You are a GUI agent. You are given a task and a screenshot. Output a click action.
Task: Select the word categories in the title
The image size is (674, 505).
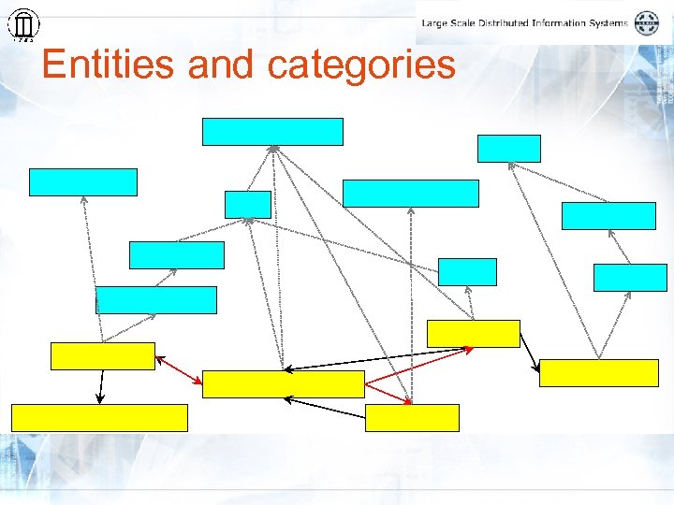click(361, 65)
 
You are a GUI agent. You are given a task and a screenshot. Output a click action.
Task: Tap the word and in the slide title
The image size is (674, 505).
click(221, 65)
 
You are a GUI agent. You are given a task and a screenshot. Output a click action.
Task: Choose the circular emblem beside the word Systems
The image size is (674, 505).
click(647, 22)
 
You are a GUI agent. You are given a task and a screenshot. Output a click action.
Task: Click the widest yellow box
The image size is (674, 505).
click(99, 417)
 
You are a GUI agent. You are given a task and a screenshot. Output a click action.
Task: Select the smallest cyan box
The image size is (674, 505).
click(247, 204)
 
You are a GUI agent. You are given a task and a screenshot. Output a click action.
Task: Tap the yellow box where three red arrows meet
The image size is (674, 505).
click(283, 384)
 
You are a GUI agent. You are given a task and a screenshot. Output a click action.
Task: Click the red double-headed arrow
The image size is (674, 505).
click(178, 368)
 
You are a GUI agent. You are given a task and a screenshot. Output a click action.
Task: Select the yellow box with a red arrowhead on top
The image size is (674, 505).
click(412, 417)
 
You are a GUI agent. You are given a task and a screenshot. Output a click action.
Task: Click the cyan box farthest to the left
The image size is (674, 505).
click(82, 181)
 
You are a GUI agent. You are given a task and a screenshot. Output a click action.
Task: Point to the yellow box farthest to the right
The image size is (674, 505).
click(599, 372)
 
